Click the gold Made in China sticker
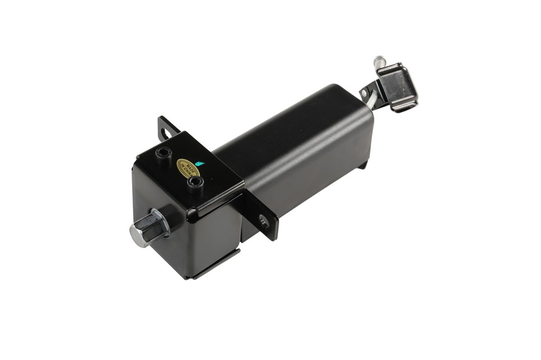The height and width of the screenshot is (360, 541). (189, 169)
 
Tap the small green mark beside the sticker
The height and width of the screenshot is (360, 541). (200, 163)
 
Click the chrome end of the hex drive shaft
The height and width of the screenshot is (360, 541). (139, 233)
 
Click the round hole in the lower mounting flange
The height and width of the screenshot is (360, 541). (265, 221)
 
